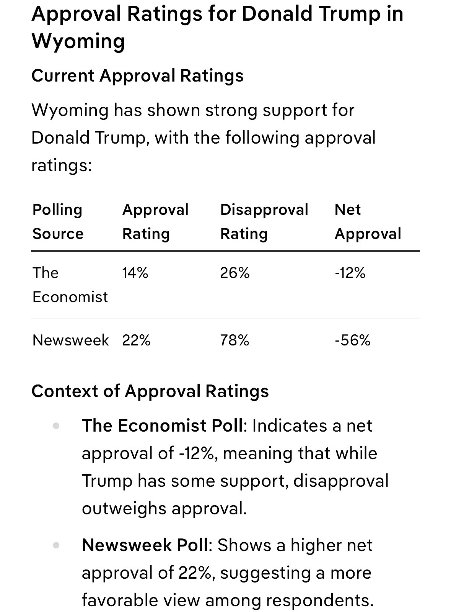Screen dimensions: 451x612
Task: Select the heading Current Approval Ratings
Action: tap(138, 76)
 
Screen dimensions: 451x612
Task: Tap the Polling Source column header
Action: tap(58, 222)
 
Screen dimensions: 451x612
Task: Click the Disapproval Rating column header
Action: tap(264, 222)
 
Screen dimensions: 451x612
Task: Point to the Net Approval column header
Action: tap(368, 222)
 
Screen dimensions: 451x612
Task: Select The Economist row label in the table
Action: tap(70, 285)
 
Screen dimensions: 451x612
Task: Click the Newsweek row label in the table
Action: tap(70, 340)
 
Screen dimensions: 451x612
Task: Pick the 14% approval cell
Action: tap(135, 273)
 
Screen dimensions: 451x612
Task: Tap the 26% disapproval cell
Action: tap(234, 273)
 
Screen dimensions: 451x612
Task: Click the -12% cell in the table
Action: tap(350, 273)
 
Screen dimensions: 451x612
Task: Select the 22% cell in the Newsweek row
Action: tap(136, 340)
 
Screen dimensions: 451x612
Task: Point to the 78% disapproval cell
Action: tap(234, 340)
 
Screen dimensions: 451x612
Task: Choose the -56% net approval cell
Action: tap(353, 340)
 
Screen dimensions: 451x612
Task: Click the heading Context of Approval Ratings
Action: tap(150, 391)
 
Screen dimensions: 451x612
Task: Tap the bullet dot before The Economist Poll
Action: tap(56, 426)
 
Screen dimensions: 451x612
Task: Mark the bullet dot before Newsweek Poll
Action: tap(56, 545)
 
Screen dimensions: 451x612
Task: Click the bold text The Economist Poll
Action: tap(163, 426)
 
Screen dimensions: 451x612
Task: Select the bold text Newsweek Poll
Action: tap(145, 545)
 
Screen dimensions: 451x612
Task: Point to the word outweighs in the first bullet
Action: tap(124, 509)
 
